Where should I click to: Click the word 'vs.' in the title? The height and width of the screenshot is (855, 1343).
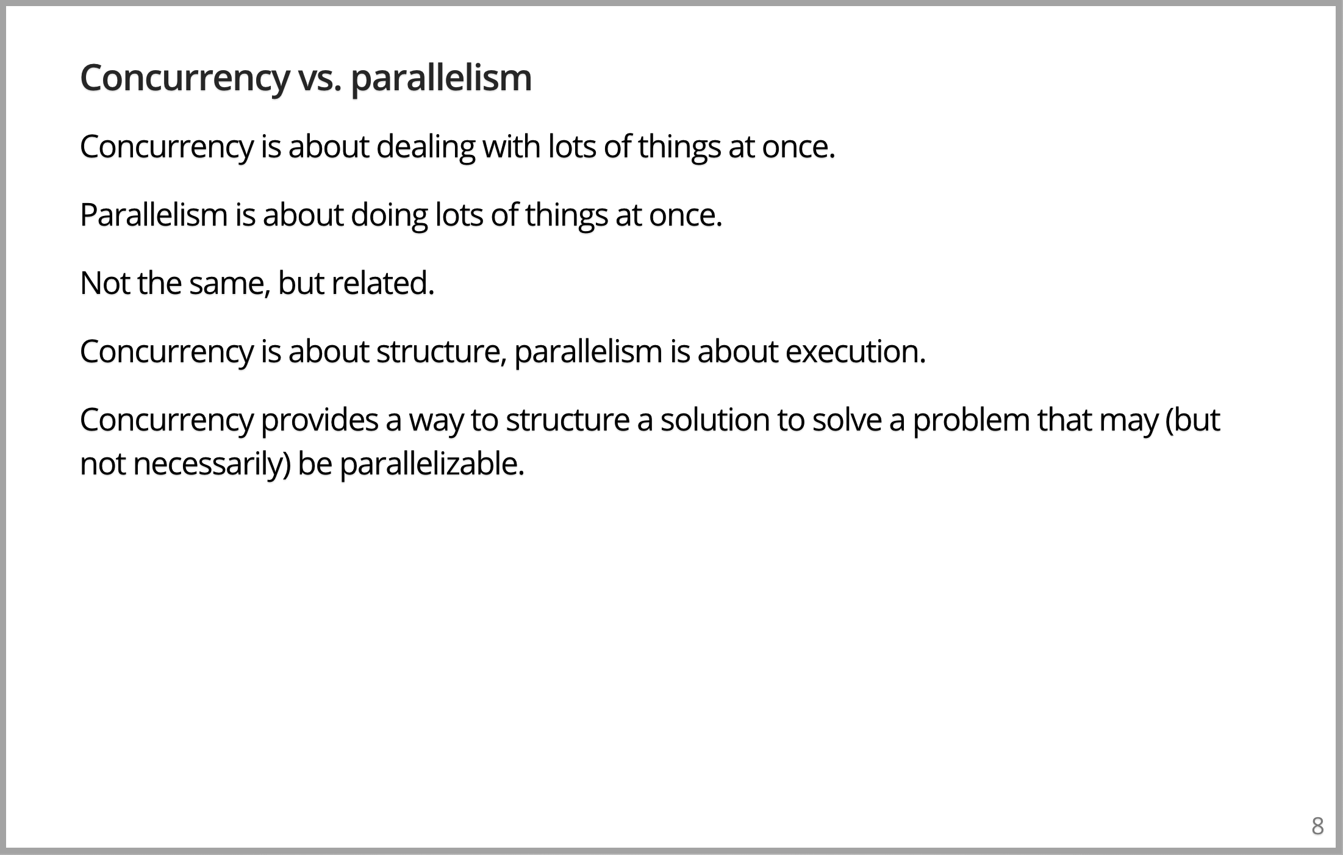tap(320, 79)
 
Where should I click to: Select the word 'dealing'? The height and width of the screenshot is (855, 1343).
tap(426, 148)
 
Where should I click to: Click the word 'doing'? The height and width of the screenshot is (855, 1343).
tap(389, 216)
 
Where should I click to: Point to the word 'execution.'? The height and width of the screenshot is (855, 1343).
tap(856, 352)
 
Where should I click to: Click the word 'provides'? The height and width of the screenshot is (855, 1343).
tap(320, 421)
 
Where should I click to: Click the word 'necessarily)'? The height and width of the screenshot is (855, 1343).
tap(212, 465)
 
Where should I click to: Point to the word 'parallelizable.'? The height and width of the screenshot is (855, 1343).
tap(432, 465)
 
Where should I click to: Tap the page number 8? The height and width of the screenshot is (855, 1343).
tap(1317, 826)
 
